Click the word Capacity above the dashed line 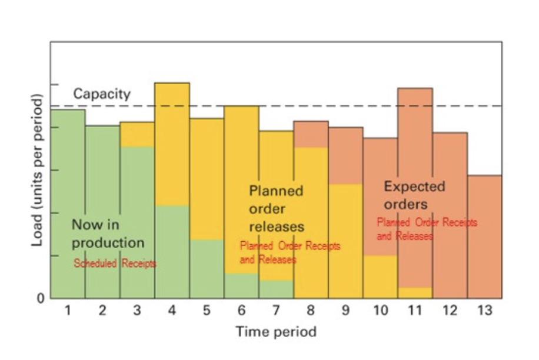[x=102, y=94]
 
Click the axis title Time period [x=276, y=332]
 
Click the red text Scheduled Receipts [x=115, y=264]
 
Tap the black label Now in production [x=108, y=234]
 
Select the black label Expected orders [x=414, y=195]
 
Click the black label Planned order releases [x=277, y=209]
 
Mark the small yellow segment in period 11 [x=415, y=292]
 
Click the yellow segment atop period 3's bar [x=137, y=134]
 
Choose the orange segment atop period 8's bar [x=311, y=134]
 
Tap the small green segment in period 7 [x=276, y=289]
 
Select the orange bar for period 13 [x=484, y=235]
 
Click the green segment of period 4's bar [x=172, y=252]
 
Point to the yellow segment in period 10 [x=380, y=276]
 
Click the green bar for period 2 [x=102, y=212]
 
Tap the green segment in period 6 [x=241, y=285]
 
